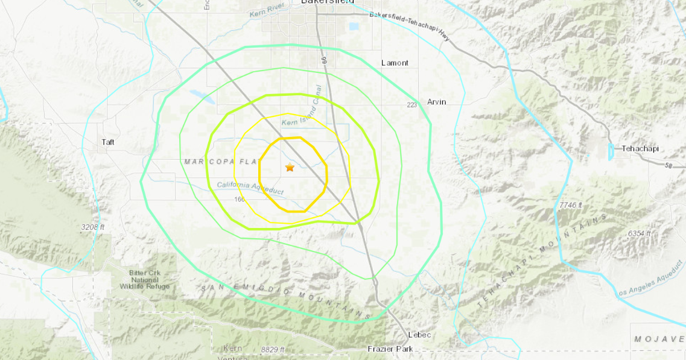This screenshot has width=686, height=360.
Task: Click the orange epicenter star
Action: coord(290,168)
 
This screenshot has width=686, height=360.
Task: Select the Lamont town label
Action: coord(395,63)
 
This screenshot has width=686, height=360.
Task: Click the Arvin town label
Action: coord(436,102)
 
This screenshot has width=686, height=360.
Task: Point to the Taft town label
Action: coord(108,142)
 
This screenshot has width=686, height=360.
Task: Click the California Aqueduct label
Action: coord(250,188)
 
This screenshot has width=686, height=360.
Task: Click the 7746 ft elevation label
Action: coord(570,206)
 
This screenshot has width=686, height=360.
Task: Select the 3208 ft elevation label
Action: coord(93,227)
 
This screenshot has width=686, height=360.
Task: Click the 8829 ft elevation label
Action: coord(273,350)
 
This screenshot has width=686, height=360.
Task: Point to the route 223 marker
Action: coord(411,105)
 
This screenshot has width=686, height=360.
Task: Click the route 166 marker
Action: coord(238,199)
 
